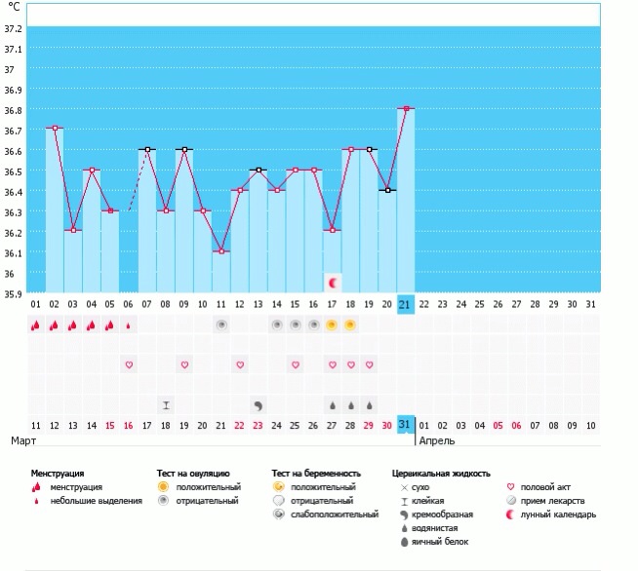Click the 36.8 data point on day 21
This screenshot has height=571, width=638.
pyautogui.click(x=406, y=108)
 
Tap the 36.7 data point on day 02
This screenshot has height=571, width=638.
pyautogui.click(x=55, y=128)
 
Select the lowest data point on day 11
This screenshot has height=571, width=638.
pyautogui.click(x=221, y=251)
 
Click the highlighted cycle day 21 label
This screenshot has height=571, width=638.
pyautogui.click(x=406, y=304)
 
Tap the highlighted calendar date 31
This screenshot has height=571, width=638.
pyautogui.click(x=406, y=425)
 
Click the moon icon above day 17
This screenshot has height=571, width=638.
pyautogui.click(x=333, y=283)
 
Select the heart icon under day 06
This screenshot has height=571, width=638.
pyautogui.click(x=128, y=364)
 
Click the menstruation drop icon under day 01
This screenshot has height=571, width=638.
pyautogui.click(x=36, y=325)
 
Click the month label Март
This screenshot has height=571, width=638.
pyautogui.click(x=23, y=440)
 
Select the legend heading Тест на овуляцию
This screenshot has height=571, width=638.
pyautogui.click(x=193, y=473)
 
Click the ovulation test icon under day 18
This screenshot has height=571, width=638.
pyautogui.click(x=350, y=325)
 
